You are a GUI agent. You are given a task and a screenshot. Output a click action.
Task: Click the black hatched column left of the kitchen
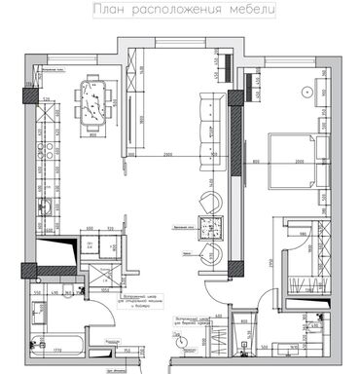pos(26,97)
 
